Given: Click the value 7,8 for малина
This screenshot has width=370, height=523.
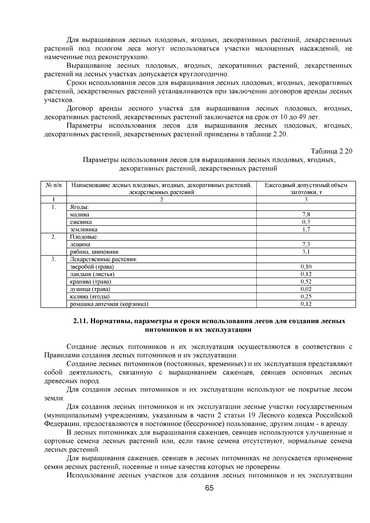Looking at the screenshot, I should (x=306, y=215).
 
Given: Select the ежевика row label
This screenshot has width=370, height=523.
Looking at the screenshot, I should (x=81, y=222).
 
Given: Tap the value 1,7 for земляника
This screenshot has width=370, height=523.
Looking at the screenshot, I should (x=306, y=229).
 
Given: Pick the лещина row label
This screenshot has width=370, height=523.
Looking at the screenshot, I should (x=80, y=244).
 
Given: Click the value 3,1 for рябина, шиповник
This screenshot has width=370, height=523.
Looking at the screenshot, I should (x=306, y=252).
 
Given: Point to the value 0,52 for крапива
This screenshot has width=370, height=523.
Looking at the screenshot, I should (x=306, y=281).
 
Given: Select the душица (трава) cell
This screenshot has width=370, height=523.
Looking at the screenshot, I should (x=90, y=289).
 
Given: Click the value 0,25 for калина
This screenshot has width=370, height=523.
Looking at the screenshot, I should (x=306, y=296).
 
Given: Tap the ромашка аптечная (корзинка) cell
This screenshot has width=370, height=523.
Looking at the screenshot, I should (x=109, y=304).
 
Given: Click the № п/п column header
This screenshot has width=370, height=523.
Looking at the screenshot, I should (x=54, y=185).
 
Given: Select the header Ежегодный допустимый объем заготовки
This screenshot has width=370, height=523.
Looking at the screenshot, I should (x=306, y=188).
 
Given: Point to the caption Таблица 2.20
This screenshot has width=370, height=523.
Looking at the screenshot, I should (x=331, y=151).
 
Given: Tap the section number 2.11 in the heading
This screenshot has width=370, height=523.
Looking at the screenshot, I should (x=81, y=321).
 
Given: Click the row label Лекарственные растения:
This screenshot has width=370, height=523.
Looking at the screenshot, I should (x=103, y=259).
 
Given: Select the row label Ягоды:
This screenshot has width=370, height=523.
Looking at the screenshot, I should (x=79, y=207).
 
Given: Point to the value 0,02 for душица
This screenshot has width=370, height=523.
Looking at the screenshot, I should (x=306, y=289).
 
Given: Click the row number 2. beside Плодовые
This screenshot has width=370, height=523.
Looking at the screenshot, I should (x=54, y=237).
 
